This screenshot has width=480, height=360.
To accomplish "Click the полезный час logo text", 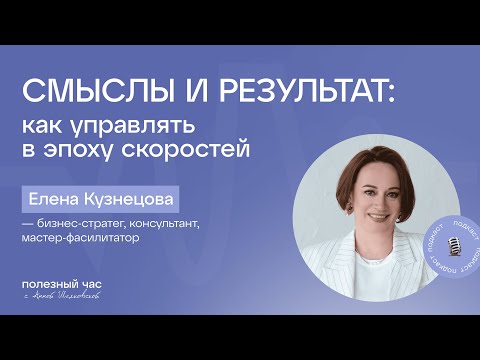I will coord(62,285).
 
